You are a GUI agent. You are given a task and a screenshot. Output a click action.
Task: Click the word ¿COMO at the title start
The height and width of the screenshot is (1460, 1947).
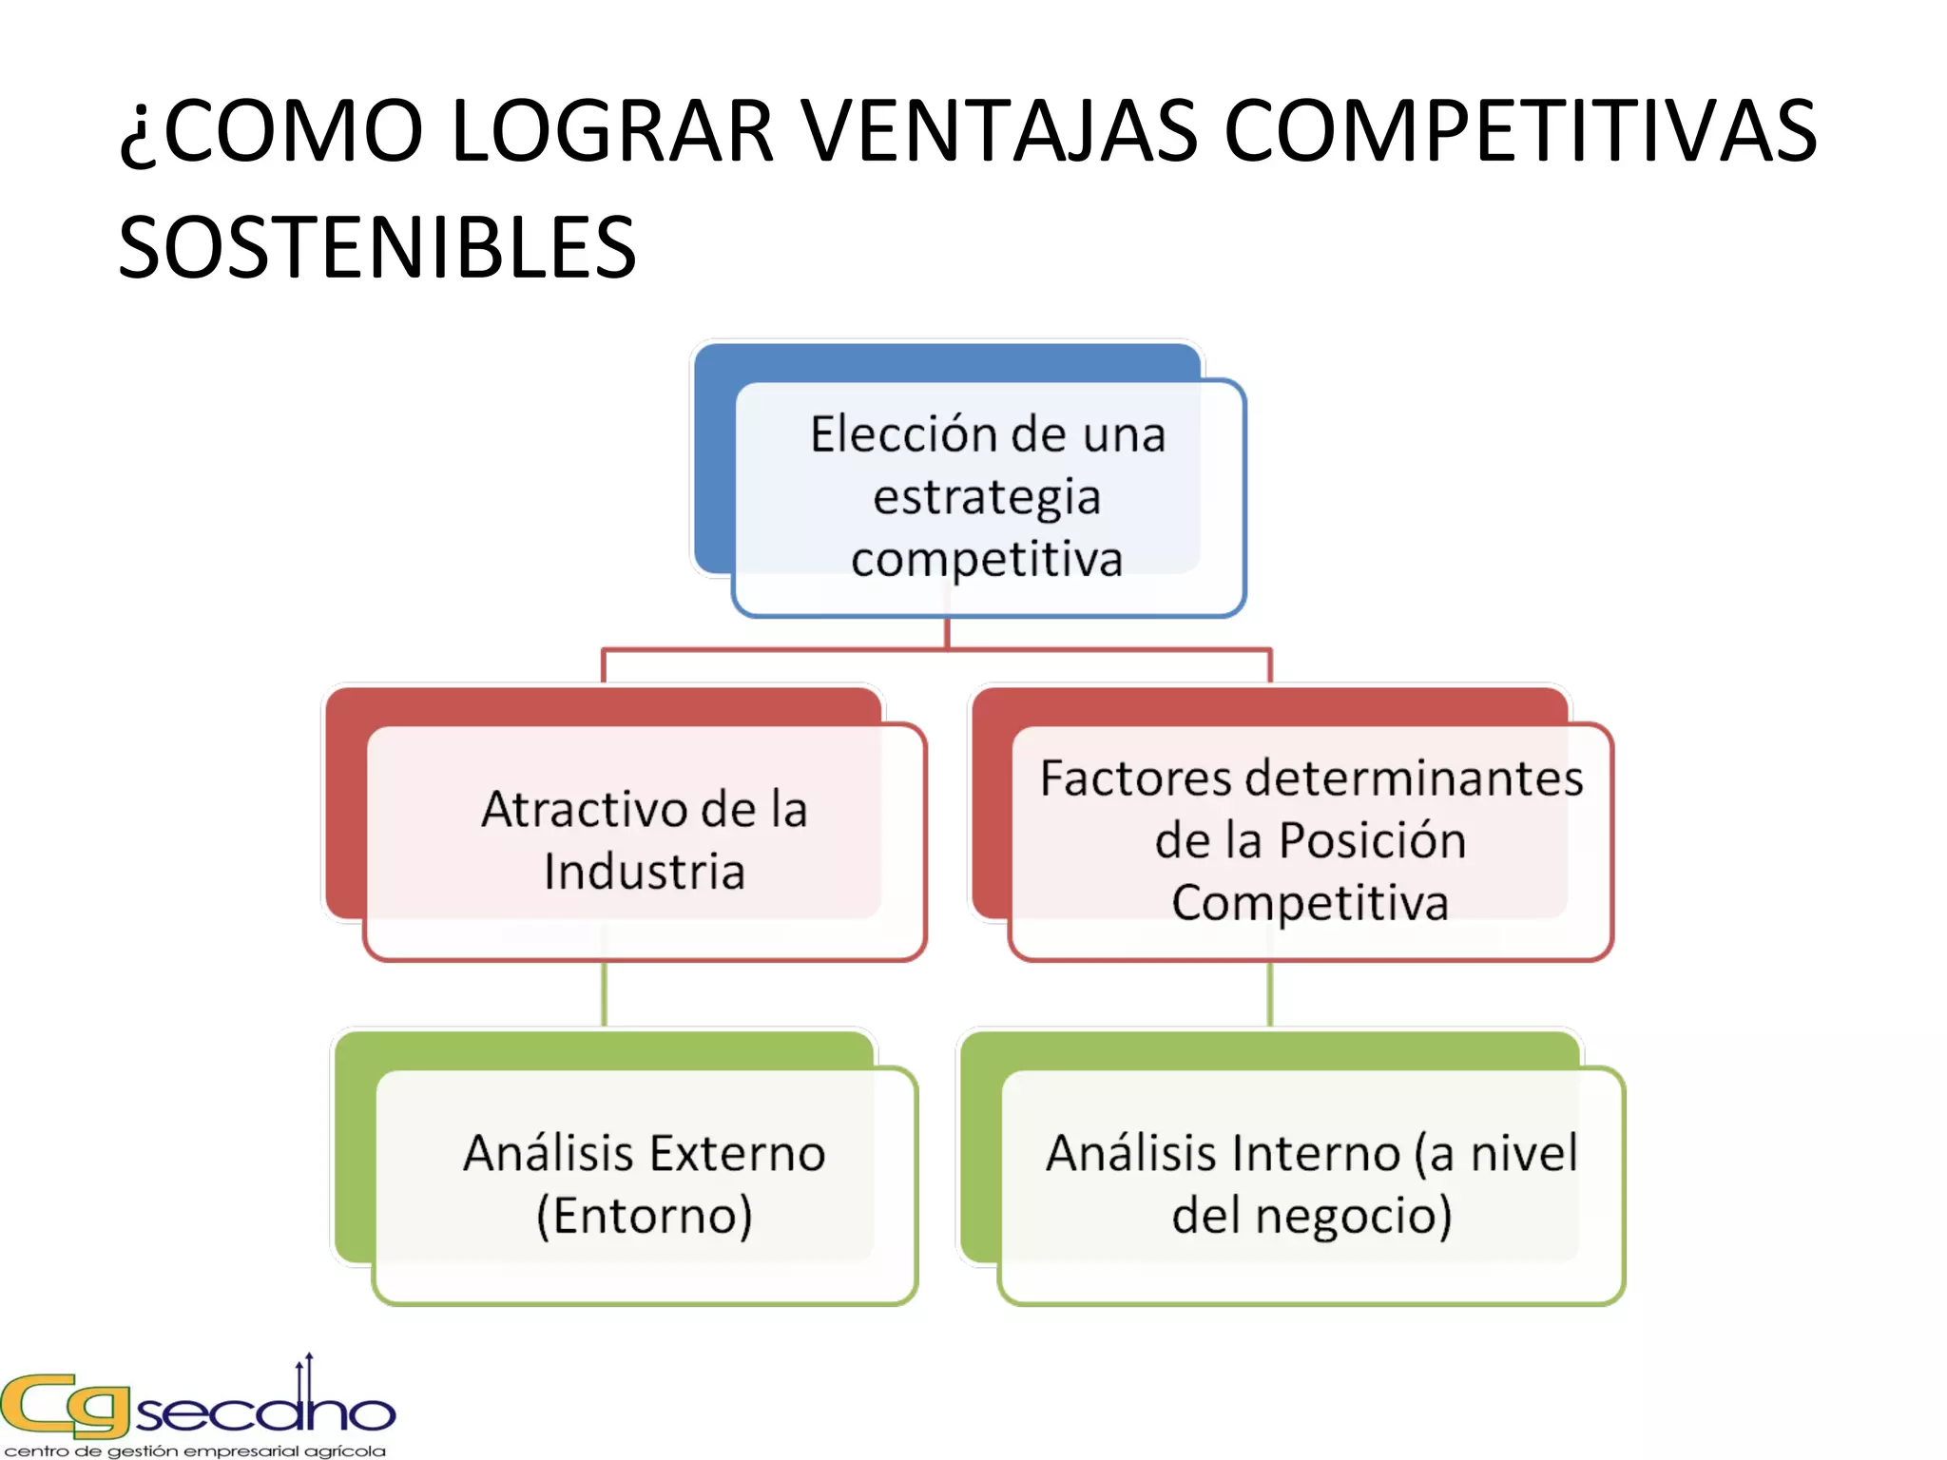coord(271,133)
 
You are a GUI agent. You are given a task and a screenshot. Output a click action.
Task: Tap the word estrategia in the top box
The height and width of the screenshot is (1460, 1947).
coord(987,498)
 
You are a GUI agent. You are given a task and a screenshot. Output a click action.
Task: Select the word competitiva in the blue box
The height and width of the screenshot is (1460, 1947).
coord(987,559)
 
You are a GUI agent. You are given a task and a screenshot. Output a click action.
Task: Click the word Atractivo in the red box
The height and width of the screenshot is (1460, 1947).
coord(586,810)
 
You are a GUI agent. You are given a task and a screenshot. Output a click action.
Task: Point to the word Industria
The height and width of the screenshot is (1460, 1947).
coord(645,872)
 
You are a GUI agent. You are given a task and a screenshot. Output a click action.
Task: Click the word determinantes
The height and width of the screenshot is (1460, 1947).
coord(1415,778)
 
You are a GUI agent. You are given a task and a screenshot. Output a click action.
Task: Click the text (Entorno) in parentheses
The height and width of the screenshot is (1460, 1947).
coord(645,1216)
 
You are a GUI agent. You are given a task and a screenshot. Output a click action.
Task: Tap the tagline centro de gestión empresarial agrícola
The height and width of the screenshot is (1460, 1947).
coord(196,1450)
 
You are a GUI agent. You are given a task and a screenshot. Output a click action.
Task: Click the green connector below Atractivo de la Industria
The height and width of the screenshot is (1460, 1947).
coord(605,993)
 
